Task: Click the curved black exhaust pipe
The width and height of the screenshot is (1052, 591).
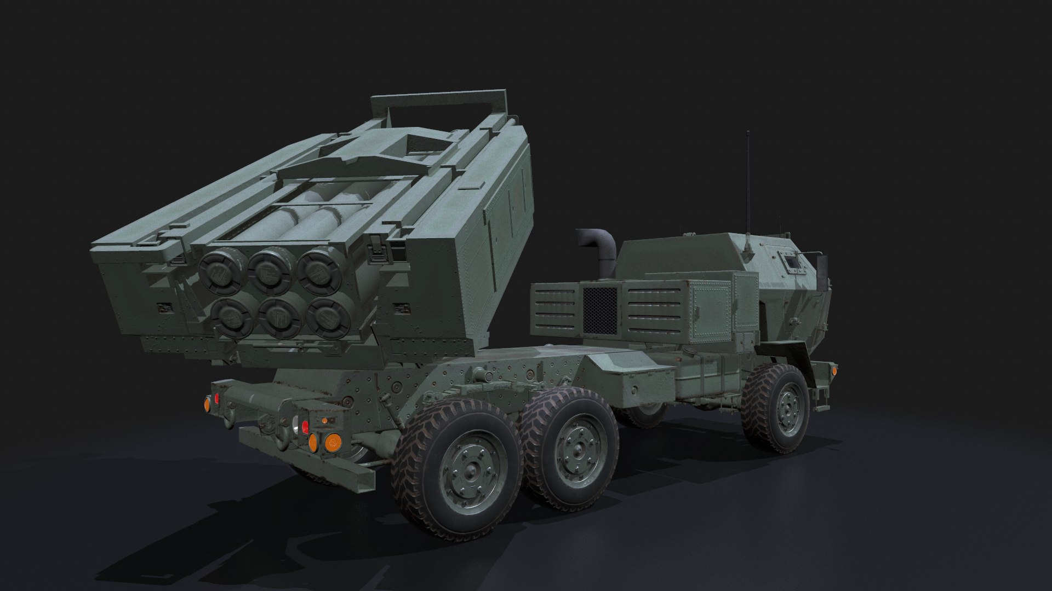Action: click(x=597, y=246)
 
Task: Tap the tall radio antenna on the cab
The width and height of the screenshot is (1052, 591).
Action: click(x=748, y=181)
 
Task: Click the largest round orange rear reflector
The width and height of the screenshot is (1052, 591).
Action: click(x=331, y=442)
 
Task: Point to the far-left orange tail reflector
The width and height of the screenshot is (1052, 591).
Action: click(x=208, y=405)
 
